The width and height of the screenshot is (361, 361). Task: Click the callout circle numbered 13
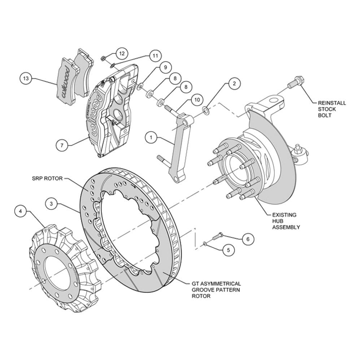[26, 78]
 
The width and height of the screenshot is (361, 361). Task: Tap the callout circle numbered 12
[122, 53]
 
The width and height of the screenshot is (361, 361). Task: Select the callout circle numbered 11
[155, 56]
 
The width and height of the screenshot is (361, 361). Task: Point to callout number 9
[165, 67]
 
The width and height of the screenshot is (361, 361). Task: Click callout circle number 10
[197, 100]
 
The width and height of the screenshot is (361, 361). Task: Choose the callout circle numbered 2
[234, 83]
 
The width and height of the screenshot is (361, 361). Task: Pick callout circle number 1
[151, 138]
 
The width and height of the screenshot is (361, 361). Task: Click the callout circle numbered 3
[51, 204]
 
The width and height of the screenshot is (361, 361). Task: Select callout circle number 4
[21, 211]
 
